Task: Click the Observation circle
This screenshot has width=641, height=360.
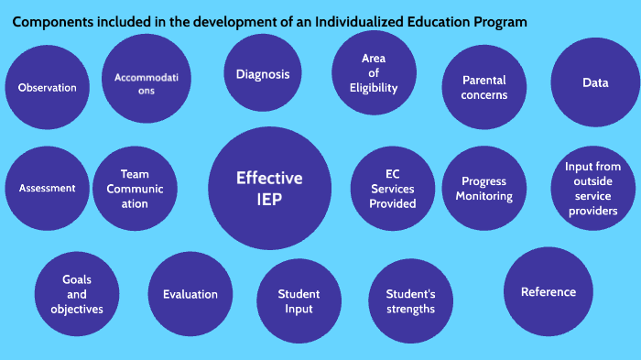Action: pyautogui.click(x=47, y=88)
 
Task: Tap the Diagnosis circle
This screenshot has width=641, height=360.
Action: pyautogui.click(x=263, y=74)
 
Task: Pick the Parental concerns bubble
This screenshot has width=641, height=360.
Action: pyautogui.click(x=484, y=88)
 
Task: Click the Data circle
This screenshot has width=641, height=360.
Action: pyautogui.click(x=595, y=83)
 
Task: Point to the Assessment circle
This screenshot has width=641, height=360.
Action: pyautogui.click(x=47, y=188)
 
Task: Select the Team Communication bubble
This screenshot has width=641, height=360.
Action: pyautogui.click(x=135, y=188)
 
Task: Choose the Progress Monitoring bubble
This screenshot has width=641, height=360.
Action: pyautogui.click(x=483, y=189)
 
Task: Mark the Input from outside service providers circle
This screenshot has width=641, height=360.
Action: pyautogui.click(x=592, y=189)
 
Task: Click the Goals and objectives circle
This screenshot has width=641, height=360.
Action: pyautogui.click(x=77, y=294)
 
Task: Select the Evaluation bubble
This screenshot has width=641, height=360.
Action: pyautogui.click(x=190, y=294)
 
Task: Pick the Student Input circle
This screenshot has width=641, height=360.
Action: pyautogui.click(x=299, y=301)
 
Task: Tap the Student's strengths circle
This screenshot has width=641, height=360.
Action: pyautogui.click(x=409, y=301)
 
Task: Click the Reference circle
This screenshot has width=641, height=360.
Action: pyautogui.click(x=549, y=291)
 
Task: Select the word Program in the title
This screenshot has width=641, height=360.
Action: pyautogui.click(x=498, y=21)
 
